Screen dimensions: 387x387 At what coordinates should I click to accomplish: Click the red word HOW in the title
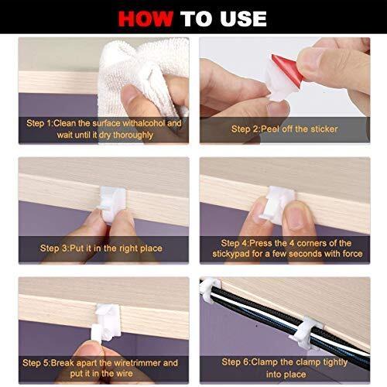tap(146, 19)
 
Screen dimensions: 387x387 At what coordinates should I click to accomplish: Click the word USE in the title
tap(243, 19)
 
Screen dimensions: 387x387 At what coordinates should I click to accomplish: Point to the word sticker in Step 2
tap(324, 129)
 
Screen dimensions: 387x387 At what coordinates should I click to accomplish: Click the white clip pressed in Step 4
tap(278, 204)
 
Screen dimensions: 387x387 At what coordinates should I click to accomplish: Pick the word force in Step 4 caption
tap(352, 254)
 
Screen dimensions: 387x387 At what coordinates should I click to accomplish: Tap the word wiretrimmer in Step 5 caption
tap(137, 363)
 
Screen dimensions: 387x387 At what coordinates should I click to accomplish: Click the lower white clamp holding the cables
tap(307, 332)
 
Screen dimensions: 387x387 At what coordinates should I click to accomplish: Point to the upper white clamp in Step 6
tap(210, 289)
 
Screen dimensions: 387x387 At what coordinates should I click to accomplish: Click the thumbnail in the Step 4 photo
tap(296, 217)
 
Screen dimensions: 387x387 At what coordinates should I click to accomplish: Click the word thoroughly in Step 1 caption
tap(132, 135)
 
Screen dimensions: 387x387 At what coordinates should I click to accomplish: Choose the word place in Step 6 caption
tap(295, 375)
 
